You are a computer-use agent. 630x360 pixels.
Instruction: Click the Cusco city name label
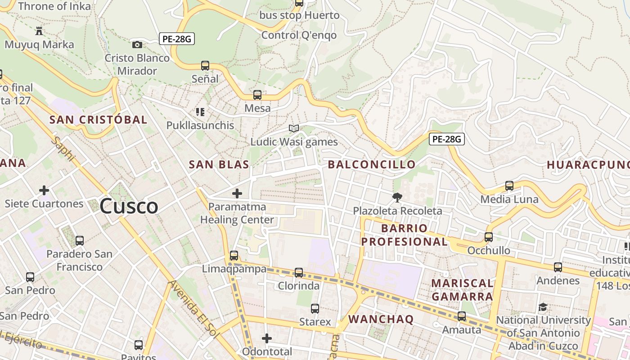pos(129,207)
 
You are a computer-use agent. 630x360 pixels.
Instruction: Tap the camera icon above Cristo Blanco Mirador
pos(137,45)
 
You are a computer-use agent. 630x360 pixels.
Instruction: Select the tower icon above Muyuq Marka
pos(39,31)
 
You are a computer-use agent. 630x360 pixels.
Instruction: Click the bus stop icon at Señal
pos(205,66)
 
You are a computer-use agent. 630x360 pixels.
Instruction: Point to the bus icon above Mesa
pos(257,95)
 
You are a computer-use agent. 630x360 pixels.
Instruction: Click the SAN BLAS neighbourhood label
pos(219,165)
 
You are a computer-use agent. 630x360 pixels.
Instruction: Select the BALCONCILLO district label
pos(372,165)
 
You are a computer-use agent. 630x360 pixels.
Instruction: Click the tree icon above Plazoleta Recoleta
pos(397,197)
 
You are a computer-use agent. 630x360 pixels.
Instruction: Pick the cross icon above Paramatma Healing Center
pos(237,193)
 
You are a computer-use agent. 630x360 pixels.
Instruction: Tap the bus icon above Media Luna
pos(509,186)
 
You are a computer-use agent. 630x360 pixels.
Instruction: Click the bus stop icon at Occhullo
pos(489,237)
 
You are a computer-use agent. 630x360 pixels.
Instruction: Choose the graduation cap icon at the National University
pos(543,307)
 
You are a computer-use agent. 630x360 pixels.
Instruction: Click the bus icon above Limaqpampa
pos(234,256)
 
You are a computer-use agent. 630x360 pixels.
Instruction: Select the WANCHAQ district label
pos(381,319)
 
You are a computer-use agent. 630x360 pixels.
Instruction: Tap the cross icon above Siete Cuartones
pos(44,190)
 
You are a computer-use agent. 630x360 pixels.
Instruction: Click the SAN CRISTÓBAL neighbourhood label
pos(98,120)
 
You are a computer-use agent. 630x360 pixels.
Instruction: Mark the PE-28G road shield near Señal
pos(177,39)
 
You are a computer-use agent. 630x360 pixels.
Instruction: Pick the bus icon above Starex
pos(315,309)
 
